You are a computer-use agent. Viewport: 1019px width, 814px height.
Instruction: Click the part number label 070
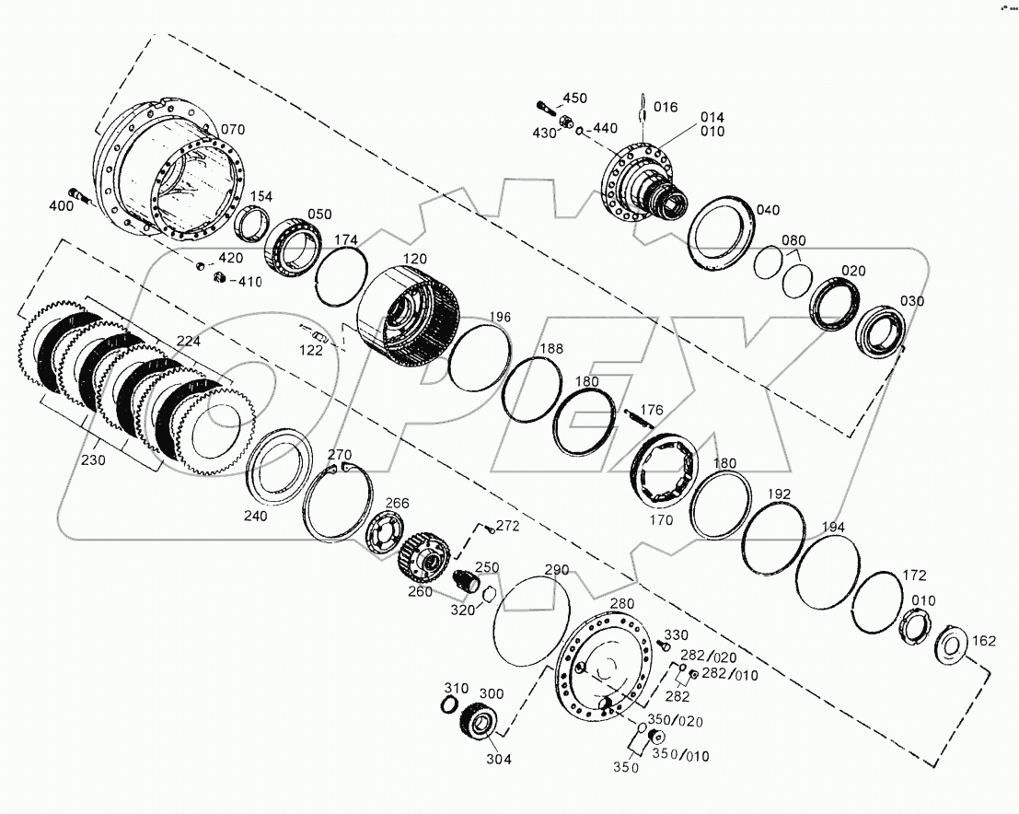(234, 129)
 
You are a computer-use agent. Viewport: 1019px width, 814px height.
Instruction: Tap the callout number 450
(574, 98)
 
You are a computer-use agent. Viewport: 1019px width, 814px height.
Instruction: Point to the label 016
(666, 108)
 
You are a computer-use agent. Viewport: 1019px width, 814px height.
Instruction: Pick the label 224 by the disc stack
(188, 341)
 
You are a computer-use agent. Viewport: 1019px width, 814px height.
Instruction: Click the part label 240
(256, 517)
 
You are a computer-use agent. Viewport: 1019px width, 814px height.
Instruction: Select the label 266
(397, 503)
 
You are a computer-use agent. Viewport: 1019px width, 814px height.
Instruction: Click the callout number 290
(557, 568)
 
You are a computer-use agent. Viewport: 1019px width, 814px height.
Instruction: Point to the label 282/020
(709, 656)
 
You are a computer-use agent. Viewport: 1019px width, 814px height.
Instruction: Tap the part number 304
(497, 760)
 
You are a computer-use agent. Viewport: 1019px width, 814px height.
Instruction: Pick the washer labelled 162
(949, 645)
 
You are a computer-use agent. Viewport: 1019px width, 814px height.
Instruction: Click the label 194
(833, 527)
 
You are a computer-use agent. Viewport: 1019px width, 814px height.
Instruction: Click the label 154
(262, 196)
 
